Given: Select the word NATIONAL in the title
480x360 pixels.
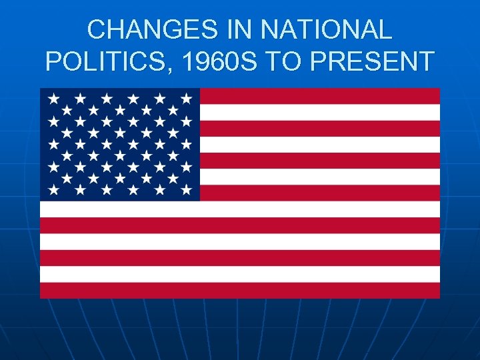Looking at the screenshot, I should pos(327,29).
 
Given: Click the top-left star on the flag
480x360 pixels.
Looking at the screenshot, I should pos(53,98).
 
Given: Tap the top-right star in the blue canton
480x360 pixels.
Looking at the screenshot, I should pos(186,98).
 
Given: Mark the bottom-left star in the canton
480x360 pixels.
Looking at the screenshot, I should pos(53,190).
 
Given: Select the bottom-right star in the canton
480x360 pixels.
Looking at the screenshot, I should pos(186,190).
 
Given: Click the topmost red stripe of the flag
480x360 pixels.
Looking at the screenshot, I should pos(320,96).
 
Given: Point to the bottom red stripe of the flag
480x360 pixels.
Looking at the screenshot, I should pos(240,290).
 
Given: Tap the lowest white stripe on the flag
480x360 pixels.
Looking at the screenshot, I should pos(240,274).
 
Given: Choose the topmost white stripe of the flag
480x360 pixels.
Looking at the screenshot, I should pos(320,112).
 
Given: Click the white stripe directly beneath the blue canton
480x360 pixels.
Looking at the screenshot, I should pos(240,209).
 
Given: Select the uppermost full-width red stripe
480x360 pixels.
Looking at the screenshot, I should pos(240,225).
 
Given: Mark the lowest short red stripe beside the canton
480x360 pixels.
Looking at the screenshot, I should pos(320,193).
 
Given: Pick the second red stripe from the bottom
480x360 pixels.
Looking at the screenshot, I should pos(240,258).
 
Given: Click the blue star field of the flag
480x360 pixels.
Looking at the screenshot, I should pos(120,144).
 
